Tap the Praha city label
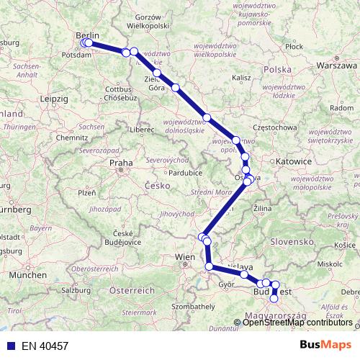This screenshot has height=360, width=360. pyautogui.click(x=121, y=163)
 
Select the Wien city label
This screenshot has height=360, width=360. pyautogui.click(x=185, y=256)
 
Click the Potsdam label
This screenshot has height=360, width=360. pyautogui.click(x=76, y=54)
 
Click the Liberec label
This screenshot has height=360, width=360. pyautogui.click(x=143, y=130)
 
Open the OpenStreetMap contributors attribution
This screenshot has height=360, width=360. pyautogui.click(x=297, y=323)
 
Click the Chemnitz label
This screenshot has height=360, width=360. pyautogui.click(x=72, y=137)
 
